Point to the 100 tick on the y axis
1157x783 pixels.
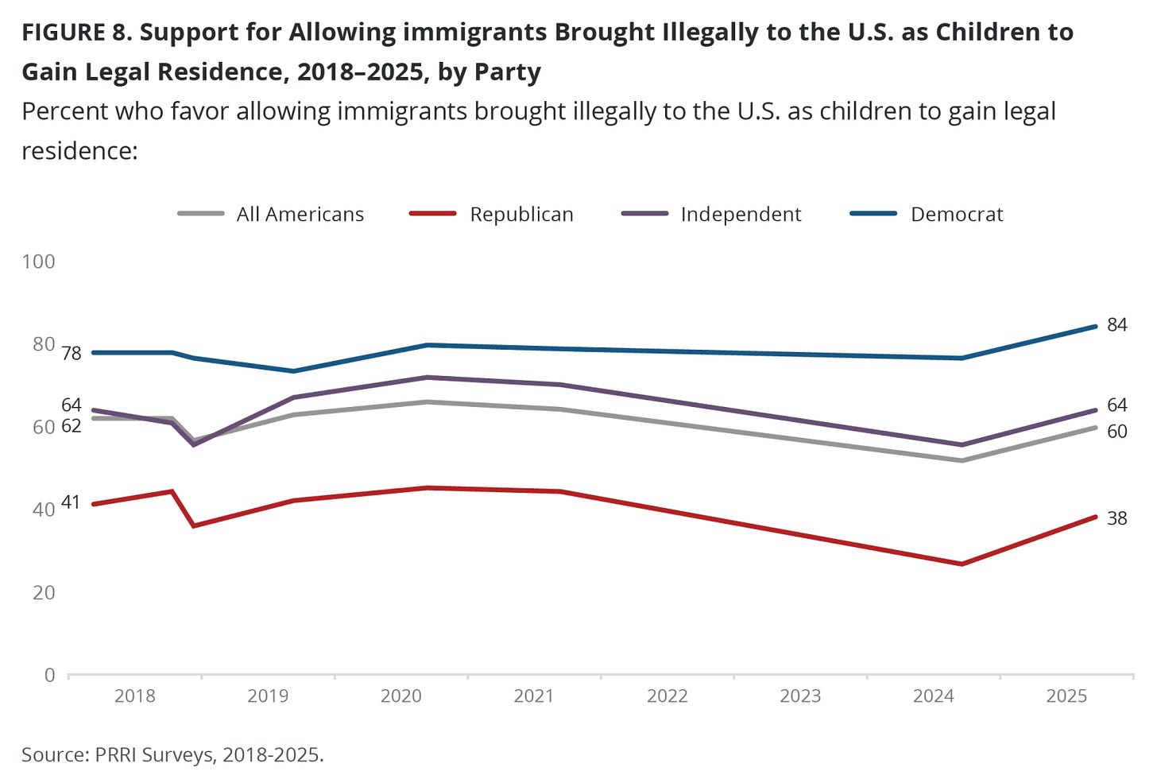[x=38, y=262]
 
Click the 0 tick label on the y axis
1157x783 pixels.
[x=50, y=675]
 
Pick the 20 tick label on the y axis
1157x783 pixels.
[x=44, y=592]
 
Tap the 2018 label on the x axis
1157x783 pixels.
[x=134, y=696]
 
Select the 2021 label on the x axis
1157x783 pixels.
[x=533, y=696]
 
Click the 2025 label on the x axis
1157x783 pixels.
[x=1066, y=696]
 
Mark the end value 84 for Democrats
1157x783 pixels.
[x=1116, y=324]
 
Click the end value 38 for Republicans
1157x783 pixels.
[x=1116, y=518]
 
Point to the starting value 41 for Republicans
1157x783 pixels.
[x=71, y=502]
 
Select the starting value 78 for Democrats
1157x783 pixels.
[x=71, y=353]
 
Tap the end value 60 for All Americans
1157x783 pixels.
[x=1116, y=431]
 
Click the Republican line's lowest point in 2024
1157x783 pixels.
[x=962, y=564]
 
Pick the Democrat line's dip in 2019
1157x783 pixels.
[x=294, y=371]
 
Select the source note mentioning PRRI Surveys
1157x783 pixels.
[x=172, y=754]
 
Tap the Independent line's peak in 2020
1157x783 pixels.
[x=428, y=377]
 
